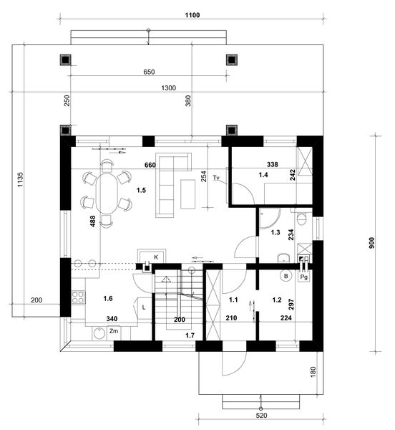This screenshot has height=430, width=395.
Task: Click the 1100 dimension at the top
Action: point(192,15)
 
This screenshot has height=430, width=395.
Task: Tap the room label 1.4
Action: point(264,174)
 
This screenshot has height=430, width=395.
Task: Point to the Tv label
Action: point(215,176)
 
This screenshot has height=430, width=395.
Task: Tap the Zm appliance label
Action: point(113,331)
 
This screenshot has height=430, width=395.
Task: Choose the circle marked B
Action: point(286,275)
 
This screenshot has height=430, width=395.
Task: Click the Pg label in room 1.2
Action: point(304,276)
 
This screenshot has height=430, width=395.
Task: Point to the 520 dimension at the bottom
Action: point(262,415)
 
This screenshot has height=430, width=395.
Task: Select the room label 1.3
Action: point(275,232)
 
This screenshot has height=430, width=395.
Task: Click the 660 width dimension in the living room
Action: point(150,165)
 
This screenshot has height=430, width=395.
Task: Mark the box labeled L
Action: point(144,307)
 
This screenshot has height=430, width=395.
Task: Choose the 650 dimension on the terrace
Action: point(148,72)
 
